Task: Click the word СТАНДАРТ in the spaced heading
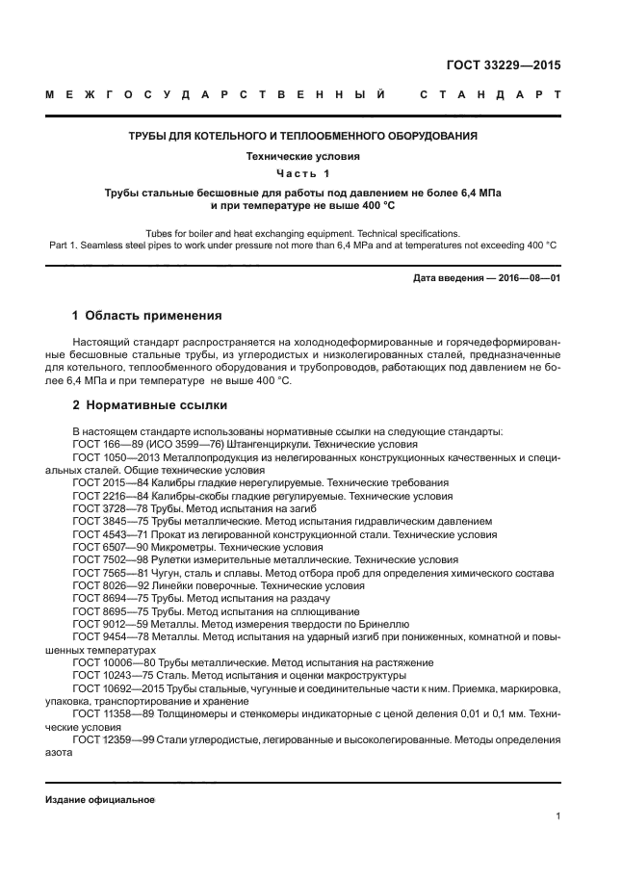point(491,96)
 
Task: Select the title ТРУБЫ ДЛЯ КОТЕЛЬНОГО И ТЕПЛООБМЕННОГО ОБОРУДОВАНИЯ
point(303,136)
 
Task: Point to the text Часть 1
point(303,173)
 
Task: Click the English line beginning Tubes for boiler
point(303,234)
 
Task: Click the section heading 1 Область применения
point(147,316)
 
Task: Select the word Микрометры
point(184,546)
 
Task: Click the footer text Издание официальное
point(100,800)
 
